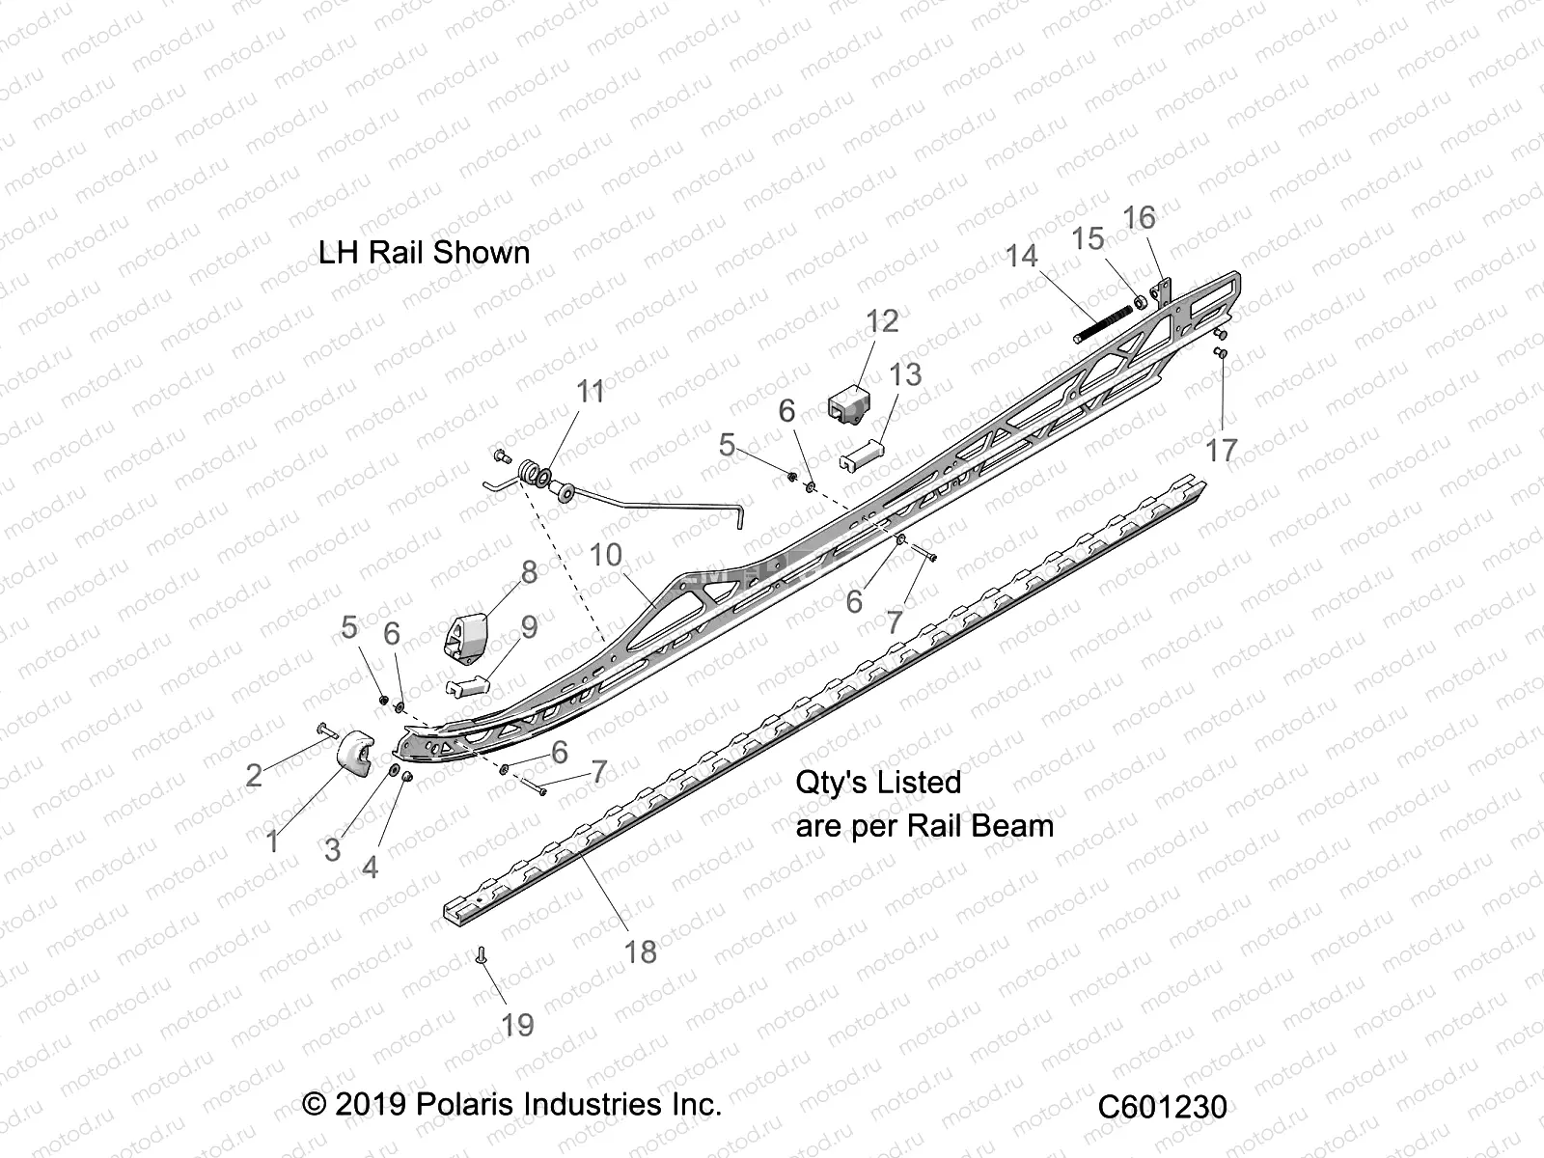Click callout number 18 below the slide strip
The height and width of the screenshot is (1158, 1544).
click(x=640, y=951)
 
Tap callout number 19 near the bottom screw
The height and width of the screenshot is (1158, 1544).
click(x=517, y=1024)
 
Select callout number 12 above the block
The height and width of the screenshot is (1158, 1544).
click(x=881, y=320)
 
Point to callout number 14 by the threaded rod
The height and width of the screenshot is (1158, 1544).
click(x=1021, y=256)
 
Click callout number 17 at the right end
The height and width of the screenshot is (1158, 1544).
click(x=1221, y=450)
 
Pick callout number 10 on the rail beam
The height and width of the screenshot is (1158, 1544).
click(x=606, y=555)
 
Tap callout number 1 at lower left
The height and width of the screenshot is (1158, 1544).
click(x=273, y=841)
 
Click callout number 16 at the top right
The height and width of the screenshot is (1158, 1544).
click(x=1140, y=217)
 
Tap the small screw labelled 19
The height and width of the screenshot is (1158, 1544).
click(x=481, y=956)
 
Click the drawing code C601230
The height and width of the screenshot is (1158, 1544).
click(x=1162, y=1106)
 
